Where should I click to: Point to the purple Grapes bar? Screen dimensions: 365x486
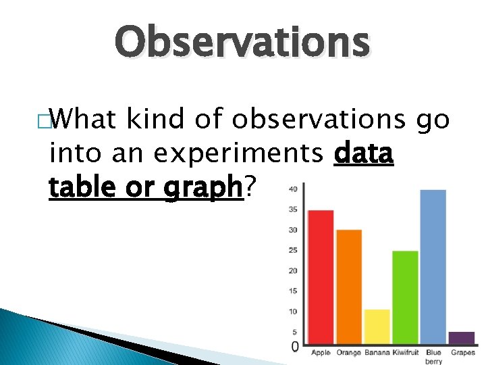click(462, 337)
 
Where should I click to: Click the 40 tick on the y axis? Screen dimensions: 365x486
click(293, 189)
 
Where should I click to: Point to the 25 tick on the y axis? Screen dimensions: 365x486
click(293, 250)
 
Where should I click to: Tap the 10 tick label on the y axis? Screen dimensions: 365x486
click(293, 312)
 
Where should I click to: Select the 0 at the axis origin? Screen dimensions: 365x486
click(295, 347)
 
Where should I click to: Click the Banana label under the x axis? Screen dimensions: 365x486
click(377, 353)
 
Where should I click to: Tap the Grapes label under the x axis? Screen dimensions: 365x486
click(463, 353)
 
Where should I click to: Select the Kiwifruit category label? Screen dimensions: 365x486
click(405, 353)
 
